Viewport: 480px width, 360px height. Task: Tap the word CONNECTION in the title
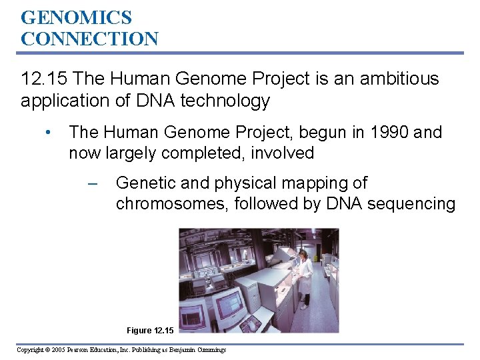pos(89,39)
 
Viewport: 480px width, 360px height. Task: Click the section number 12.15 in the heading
pos(45,79)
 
